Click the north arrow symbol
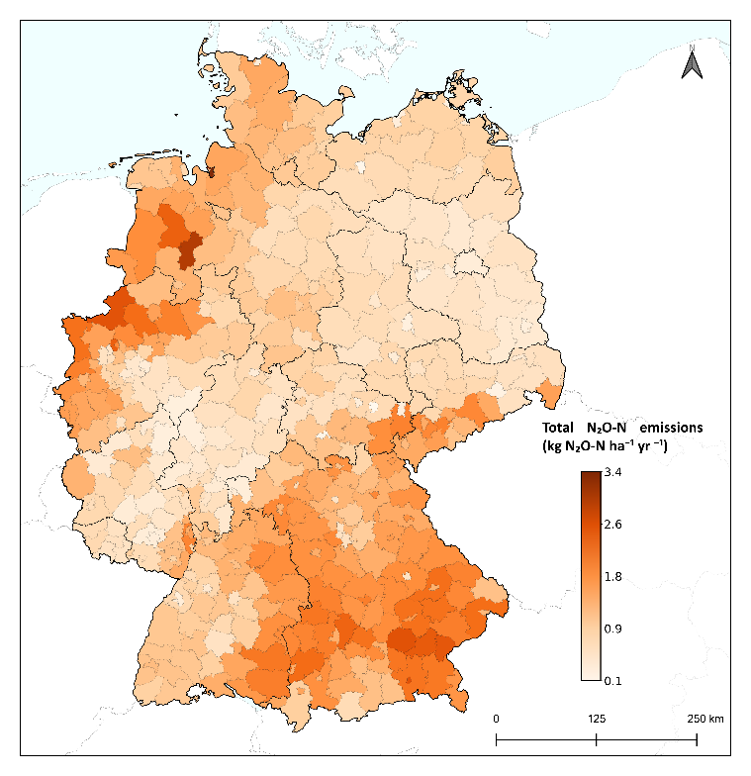pos(693,65)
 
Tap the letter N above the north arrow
pos(693,47)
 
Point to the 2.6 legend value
pos(612,525)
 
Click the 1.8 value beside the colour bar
pos(612,576)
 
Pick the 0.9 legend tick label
pos(612,629)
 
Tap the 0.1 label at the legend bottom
pos(612,679)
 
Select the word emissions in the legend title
pos(671,428)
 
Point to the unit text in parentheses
pos(605,447)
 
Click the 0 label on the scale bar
pos(496,718)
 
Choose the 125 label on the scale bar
pos(597,718)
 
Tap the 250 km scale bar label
pos(704,718)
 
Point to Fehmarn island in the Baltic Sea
pos(345,94)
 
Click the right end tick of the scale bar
pos(698,738)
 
